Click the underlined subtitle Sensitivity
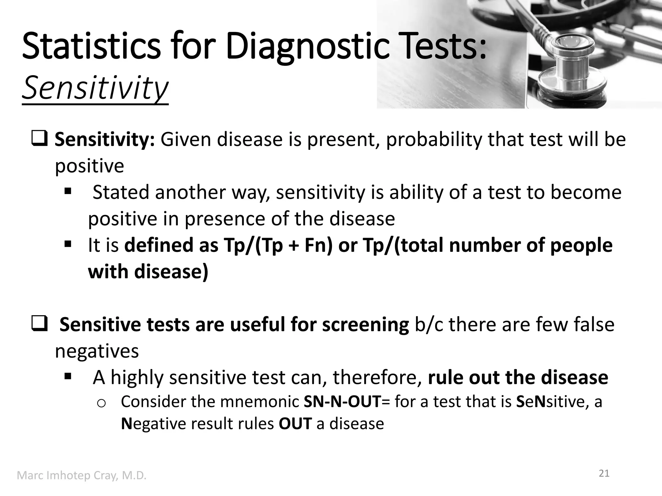[95, 88]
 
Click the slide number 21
[604, 473]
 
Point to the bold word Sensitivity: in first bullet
[104, 139]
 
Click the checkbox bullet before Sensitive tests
[40, 324]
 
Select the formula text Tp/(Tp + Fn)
[277, 245]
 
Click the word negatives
[97, 351]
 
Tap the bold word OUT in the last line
[295, 424]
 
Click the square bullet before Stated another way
[68, 191]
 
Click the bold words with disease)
[148, 272]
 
